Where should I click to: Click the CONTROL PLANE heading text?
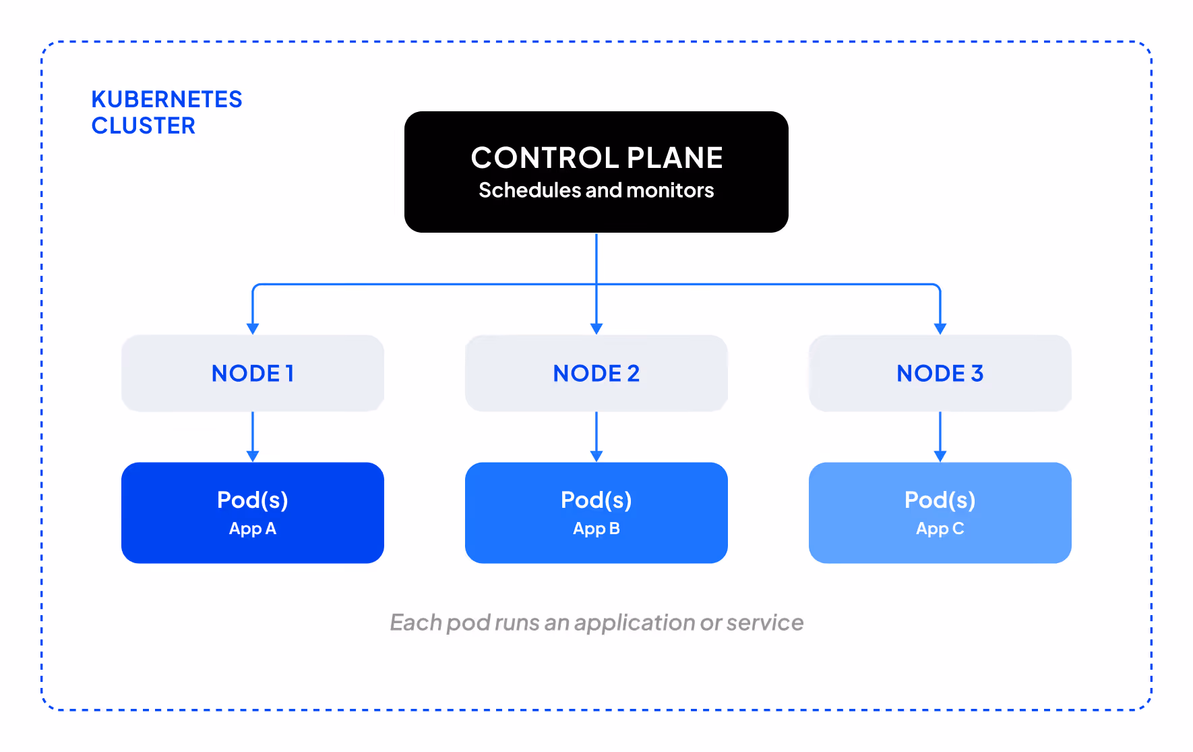click(596, 158)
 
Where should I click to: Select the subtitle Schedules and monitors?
click(596, 191)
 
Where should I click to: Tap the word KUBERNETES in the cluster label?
click(166, 100)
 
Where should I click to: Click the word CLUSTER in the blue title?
click(143, 126)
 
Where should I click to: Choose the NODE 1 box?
click(253, 373)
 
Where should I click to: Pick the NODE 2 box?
click(596, 373)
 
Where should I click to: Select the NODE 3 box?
click(940, 373)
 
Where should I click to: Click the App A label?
click(253, 529)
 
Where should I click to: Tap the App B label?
click(596, 529)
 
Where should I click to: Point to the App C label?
click(940, 529)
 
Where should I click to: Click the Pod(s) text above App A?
click(253, 500)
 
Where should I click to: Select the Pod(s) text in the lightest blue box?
click(940, 500)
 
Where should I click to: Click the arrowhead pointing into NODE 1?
click(253, 329)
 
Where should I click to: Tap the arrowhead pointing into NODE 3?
click(940, 329)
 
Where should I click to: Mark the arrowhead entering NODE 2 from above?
click(596, 329)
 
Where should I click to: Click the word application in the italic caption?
click(634, 623)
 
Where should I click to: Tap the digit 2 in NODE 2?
click(633, 374)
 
